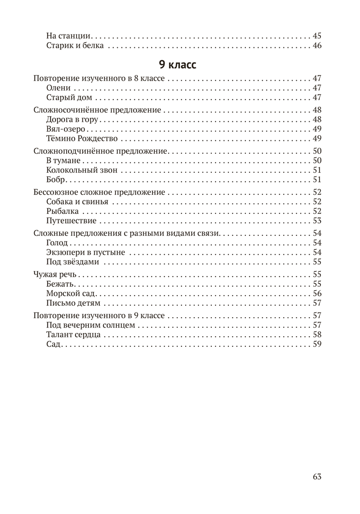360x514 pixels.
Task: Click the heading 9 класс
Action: click(178, 66)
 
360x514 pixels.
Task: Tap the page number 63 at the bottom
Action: click(316, 476)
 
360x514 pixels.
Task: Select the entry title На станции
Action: click(68, 36)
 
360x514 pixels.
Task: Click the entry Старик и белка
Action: click(75, 46)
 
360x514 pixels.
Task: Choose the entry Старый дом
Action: click(68, 98)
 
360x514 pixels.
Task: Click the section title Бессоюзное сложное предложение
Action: click(99, 192)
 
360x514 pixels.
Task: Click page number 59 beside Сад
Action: click(316, 344)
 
